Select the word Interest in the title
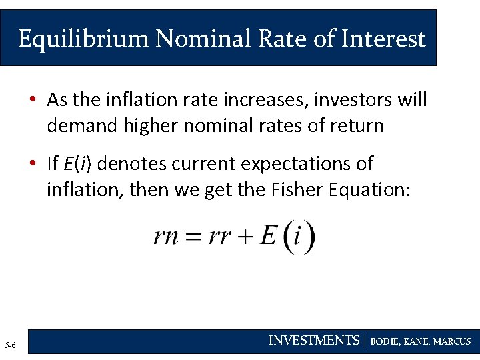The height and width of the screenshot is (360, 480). pyautogui.click(x=383, y=39)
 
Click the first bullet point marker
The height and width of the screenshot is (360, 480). pyautogui.click(x=33, y=100)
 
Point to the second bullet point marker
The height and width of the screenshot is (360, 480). pyautogui.click(x=33, y=163)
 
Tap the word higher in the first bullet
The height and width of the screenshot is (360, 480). pyautogui.click(x=153, y=125)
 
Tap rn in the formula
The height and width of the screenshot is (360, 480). pyautogui.click(x=165, y=237)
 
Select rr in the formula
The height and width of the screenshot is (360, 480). pyautogui.click(x=219, y=237)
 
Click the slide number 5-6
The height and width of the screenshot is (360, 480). pyautogui.click(x=11, y=345)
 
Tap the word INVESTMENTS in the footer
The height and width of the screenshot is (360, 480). pyautogui.click(x=313, y=341)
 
